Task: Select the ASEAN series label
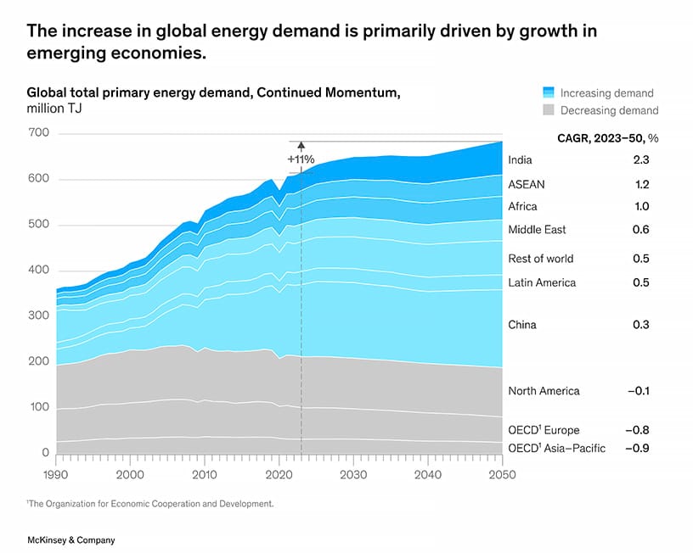click(526, 184)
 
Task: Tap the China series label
click(522, 325)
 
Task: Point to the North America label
click(544, 391)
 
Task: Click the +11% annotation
click(301, 159)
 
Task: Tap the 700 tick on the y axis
click(40, 133)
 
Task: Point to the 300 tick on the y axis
click(40, 316)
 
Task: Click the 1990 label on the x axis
click(57, 475)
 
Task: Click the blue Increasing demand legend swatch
click(548, 93)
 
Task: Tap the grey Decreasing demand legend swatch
click(548, 110)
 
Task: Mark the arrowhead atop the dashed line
click(301, 146)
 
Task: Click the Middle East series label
click(537, 230)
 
